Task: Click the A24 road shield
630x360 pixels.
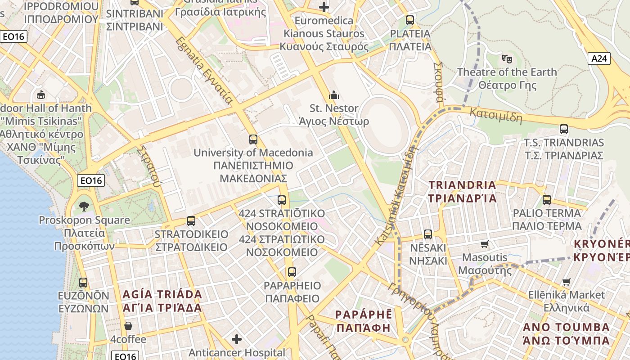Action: click(599, 58)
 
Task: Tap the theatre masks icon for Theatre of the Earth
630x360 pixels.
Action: click(507, 58)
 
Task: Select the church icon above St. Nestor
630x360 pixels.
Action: click(334, 94)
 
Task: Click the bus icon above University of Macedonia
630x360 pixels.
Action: click(253, 139)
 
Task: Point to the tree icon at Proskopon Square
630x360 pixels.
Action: click(84, 207)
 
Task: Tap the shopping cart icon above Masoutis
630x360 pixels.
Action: click(484, 244)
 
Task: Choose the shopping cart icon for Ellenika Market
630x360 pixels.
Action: click(566, 282)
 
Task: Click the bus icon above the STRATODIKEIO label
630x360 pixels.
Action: click(191, 221)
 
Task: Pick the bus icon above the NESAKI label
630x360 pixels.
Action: click(427, 234)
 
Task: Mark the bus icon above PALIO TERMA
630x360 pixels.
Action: click(547, 199)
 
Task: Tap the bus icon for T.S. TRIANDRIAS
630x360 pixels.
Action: click(563, 129)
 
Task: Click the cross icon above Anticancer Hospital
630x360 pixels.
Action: click(237, 339)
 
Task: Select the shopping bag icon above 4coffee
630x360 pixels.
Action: click(128, 326)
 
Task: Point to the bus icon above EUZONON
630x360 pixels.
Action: click(83, 283)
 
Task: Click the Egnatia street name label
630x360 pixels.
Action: click(204, 71)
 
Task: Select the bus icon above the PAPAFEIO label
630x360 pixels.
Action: click(292, 272)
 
